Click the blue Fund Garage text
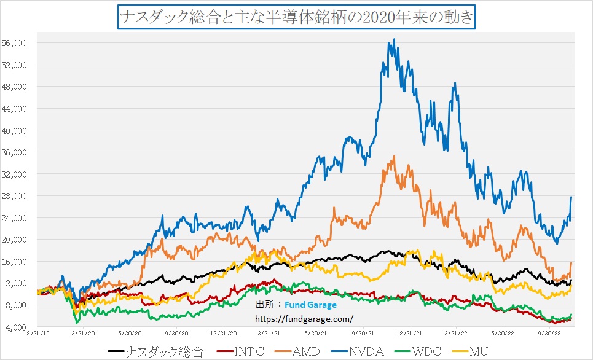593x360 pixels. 310,305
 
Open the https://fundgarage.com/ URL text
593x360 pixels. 304,319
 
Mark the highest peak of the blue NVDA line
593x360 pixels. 394,39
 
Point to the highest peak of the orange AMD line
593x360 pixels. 394,156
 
